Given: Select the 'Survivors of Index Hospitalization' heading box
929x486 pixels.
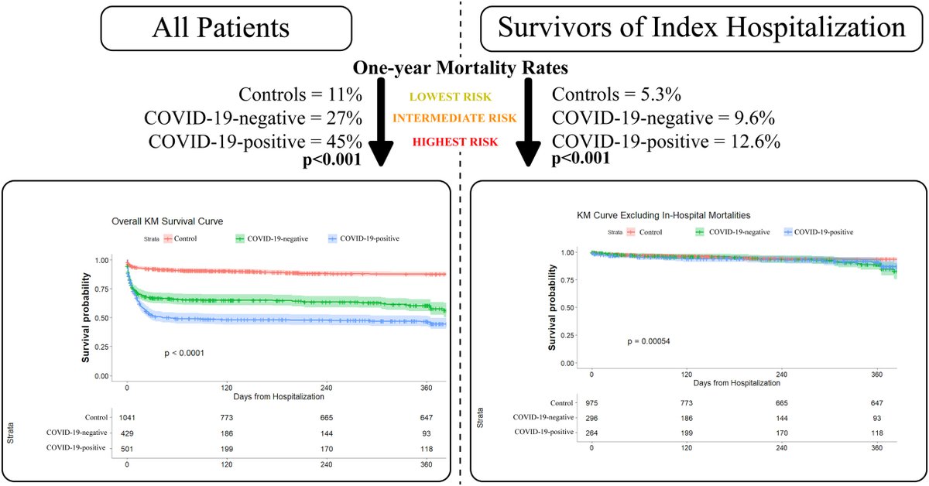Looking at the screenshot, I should [701, 29].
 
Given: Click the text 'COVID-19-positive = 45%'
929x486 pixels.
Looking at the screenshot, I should [252, 142].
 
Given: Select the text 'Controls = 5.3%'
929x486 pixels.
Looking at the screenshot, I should [616, 96].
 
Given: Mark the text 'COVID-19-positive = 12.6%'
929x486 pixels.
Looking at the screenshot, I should [667, 142].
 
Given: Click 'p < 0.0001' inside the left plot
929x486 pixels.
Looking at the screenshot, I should [184, 353].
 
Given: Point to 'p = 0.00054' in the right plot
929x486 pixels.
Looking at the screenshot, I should [653, 341].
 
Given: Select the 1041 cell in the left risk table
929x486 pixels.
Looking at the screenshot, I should [128, 417].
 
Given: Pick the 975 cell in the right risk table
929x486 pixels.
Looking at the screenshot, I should [591, 402].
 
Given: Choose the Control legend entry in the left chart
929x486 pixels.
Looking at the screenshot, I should [180, 238].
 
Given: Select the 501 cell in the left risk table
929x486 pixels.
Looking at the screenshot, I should [128, 448].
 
